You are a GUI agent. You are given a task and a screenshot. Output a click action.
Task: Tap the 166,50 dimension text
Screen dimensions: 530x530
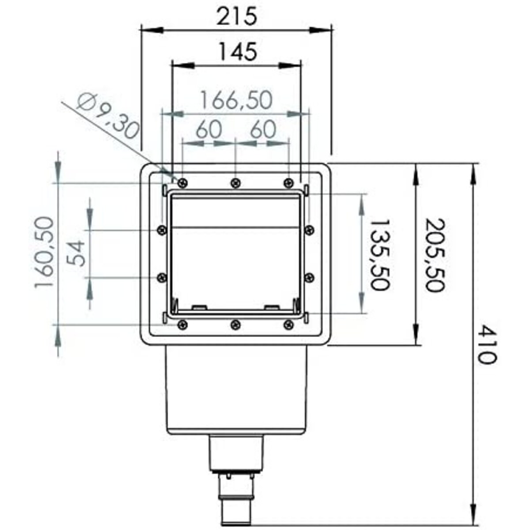point(237,100)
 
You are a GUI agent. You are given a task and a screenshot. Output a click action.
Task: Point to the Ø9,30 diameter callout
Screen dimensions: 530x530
point(108,115)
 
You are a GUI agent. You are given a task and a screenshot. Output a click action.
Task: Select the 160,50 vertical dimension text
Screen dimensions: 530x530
point(44,252)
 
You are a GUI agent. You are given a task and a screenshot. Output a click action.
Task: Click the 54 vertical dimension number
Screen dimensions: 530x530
point(75,253)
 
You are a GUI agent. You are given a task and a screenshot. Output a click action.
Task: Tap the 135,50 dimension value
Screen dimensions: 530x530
point(380,254)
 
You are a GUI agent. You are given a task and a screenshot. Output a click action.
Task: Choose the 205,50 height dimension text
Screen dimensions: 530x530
point(435,255)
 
